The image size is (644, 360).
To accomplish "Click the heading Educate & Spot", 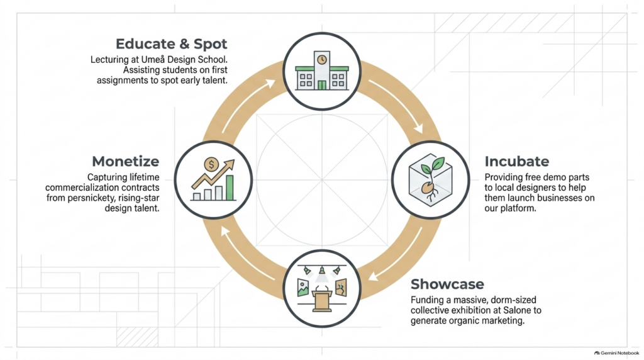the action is click(x=171, y=43).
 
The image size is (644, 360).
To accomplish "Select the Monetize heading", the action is click(x=125, y=161).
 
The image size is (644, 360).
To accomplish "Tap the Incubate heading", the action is click(x=517, y=161).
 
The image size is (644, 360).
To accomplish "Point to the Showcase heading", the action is click(x=447, y=284).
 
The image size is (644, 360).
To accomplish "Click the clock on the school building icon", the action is click(x=322, y=59).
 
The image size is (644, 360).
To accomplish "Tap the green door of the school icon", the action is click(x=322, y=85).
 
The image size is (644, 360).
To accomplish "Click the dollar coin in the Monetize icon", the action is click(x=211, y=165).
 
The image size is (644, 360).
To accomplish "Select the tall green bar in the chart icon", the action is click(x=230, y=188).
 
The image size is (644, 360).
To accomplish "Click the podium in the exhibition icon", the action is click(x=322, y=301).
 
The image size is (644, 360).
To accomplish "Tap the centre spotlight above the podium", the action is click(x=322, y=270).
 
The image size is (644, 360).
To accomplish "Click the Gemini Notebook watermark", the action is click(x=616, y=353).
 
